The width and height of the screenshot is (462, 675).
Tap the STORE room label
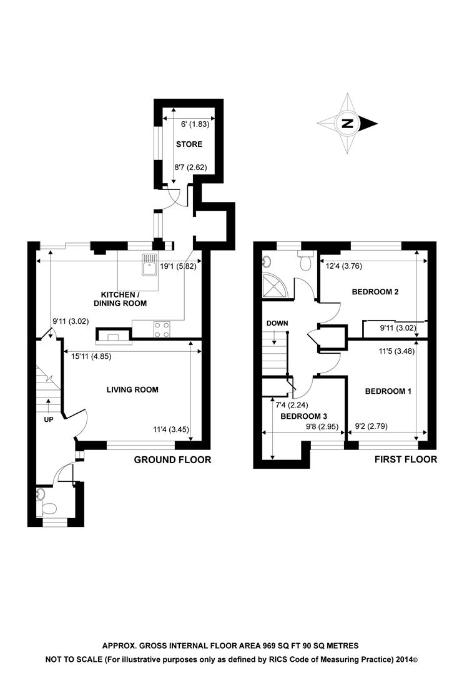pos(189,144)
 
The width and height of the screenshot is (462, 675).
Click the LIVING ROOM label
pos(132,389)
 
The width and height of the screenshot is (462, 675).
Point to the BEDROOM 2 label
pos(375,291)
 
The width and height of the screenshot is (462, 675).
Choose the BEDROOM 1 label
pos(388,391)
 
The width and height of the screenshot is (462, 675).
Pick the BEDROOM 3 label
pos(303,416)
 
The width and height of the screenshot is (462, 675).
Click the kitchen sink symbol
pos(149,266)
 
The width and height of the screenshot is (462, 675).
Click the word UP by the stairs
pos(49,419)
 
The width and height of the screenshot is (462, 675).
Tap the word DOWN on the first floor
pos(277,323)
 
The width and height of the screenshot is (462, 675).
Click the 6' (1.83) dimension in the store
pos(190,124)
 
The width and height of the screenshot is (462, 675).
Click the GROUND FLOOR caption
pos(173,460)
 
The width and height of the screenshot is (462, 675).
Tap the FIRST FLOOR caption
pos(406,460)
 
